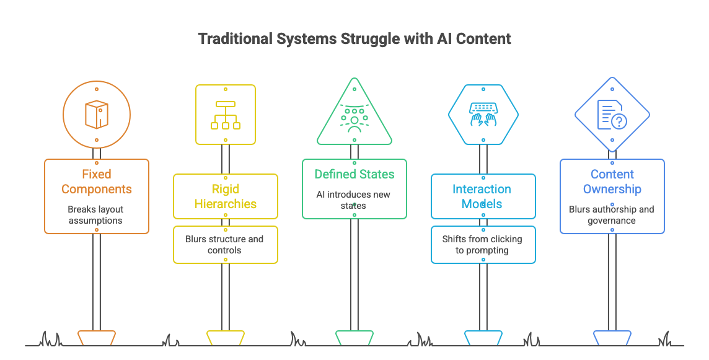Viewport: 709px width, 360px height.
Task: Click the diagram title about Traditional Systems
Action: click(354, 38)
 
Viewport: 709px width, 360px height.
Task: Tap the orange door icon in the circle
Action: click(96, 114)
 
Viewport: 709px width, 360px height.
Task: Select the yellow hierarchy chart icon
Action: click(225, 114)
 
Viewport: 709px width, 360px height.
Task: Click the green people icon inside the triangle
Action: click(354, 118)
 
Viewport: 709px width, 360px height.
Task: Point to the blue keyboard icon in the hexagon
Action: click(483, 115)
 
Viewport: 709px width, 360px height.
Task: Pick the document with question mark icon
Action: click(612, 115)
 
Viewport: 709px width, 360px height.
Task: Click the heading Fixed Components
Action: click(96, 182)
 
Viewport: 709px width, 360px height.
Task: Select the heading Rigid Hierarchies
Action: click(225, 196)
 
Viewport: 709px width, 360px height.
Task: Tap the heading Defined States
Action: click(354, 174)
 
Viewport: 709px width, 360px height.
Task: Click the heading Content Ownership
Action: click(612, 182)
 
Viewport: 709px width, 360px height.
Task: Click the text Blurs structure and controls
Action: click(225, 244)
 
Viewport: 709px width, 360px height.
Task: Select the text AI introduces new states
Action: click(354, 200)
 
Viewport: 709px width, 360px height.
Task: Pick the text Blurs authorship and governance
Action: click(612, 214)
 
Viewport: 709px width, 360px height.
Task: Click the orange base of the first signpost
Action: click(96, 338)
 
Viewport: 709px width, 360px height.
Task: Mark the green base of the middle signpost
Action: click(354, 338)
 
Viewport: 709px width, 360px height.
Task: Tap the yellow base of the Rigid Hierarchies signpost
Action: click(225, 338)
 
